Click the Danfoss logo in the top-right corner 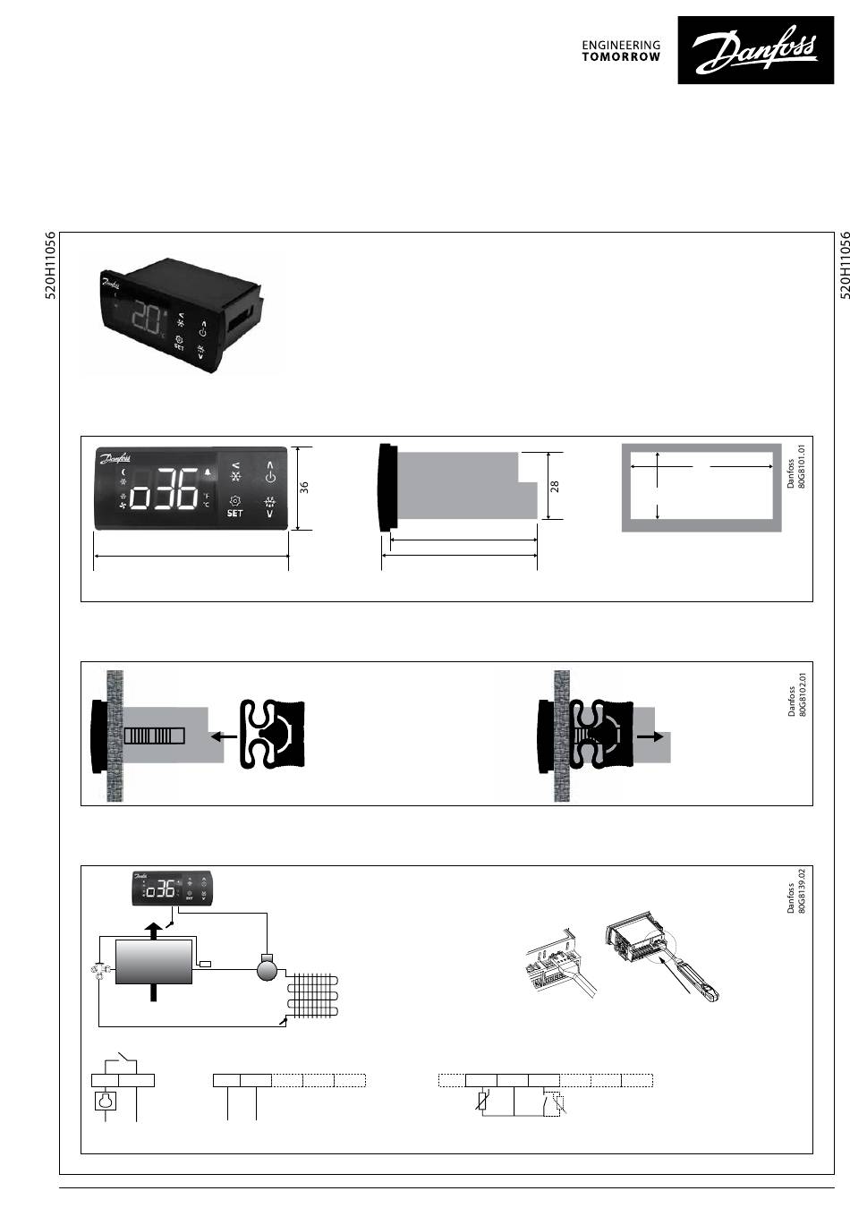point(756,50)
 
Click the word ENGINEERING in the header point(621,45)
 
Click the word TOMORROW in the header point(621,56)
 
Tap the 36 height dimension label point(304,488)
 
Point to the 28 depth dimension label point(555,486)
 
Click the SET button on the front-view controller point(234,513)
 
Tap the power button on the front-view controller point(270,476)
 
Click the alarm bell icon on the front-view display point(208,472)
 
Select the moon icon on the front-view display point(124,472)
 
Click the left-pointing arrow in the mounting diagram point(223,736)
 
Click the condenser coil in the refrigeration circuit point(315,998)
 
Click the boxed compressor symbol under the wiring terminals point(106,1100)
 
